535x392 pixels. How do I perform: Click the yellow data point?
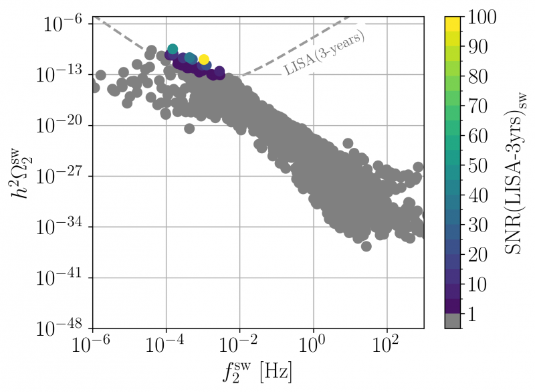coord(204,60)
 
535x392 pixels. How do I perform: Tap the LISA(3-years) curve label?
coord(326,53)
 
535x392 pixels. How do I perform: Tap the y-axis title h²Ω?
coord(19,176)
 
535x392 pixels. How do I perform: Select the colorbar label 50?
coord(479,166)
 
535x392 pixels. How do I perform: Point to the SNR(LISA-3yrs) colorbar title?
coord(516,171)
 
